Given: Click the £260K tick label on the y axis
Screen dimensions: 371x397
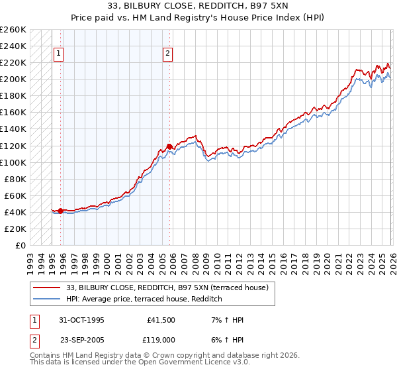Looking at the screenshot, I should coord(13,30).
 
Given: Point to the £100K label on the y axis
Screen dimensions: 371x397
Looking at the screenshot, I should coord(13,162).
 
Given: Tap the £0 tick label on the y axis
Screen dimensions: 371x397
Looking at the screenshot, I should coord(20,245).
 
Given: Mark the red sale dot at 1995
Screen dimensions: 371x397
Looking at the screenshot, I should coord(61,211).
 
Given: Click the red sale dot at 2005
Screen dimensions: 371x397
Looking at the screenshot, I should coord(169,146).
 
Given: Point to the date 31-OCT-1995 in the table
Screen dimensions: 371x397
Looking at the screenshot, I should coord(82,320).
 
